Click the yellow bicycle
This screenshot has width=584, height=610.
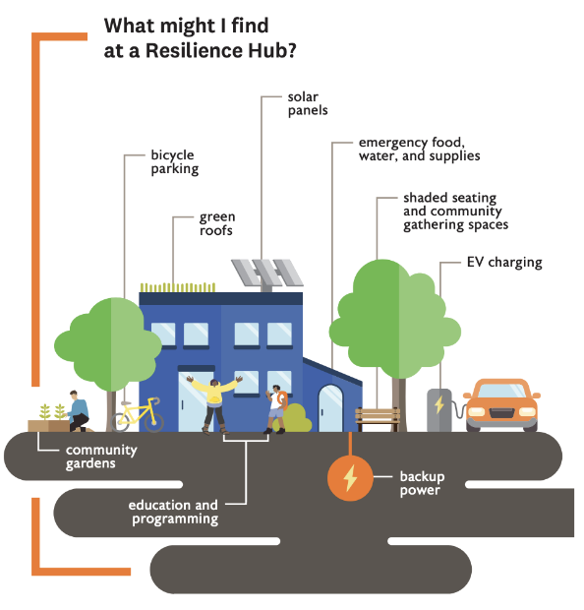(138, 415)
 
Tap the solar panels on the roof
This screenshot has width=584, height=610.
(267, 273)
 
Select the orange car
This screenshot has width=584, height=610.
(501, 405)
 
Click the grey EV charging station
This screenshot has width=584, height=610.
(439, 410)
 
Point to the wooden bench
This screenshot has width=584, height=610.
(378, 418)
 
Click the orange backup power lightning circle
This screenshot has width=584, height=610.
(350, 478)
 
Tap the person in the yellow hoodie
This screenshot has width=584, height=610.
(214, 403)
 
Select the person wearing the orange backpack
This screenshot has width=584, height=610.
(276, 409)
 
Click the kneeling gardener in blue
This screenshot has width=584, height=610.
(80, 411)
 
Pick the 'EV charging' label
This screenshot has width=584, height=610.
(504, 263)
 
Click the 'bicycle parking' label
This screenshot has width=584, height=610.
(175, 161)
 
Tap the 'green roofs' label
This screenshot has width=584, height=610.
(217, 223)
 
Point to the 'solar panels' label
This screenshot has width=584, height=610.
(308, 103)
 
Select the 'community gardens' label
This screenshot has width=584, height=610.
(101, 457)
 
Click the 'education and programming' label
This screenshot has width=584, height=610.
(173, 512)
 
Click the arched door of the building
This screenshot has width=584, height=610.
(330, 408)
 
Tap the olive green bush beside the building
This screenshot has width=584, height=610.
(296, 418)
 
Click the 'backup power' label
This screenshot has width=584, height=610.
(422, 483)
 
